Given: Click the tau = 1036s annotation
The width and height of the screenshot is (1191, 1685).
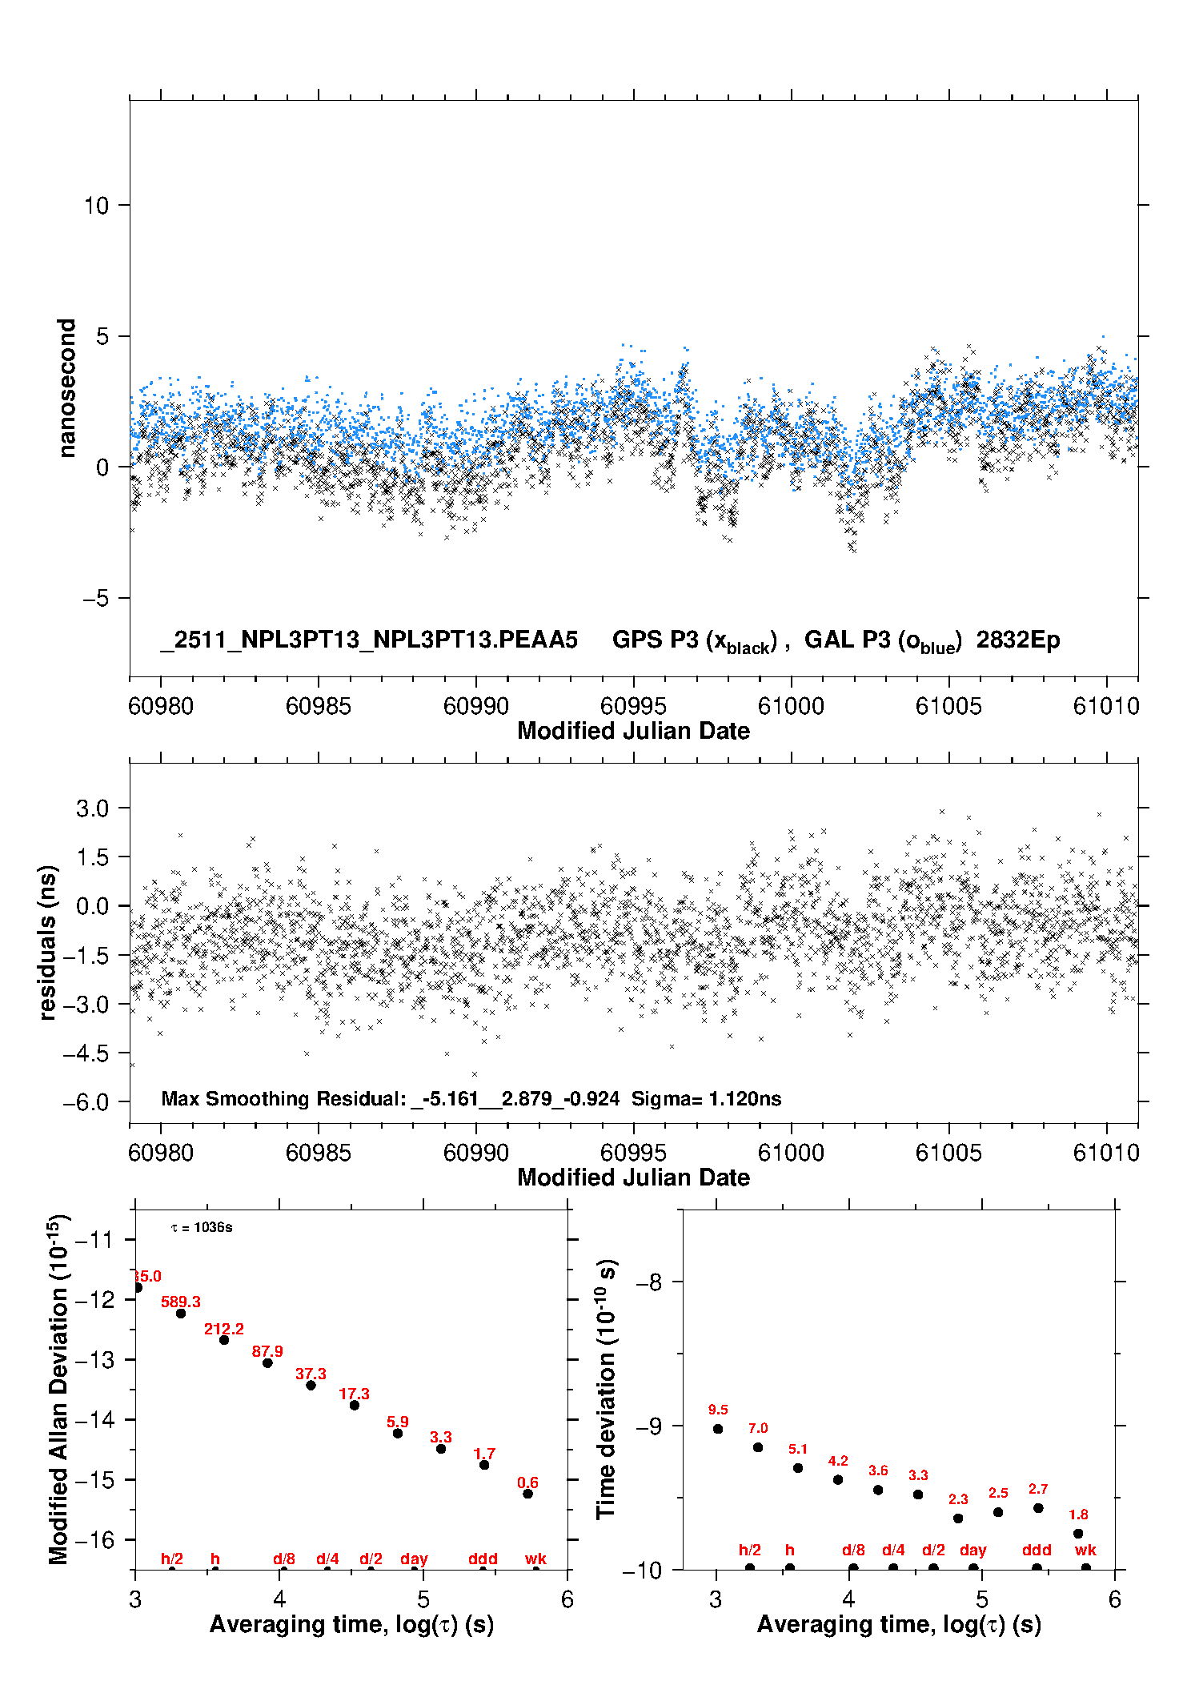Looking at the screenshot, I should (x=202, y=1228).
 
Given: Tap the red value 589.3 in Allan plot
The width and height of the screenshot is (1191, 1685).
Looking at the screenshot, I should (x=181, y=1302).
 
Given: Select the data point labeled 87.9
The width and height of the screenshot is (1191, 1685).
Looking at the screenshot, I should (x=267, y=1362).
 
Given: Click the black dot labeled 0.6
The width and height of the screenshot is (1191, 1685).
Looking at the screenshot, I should (x=527, y=1494).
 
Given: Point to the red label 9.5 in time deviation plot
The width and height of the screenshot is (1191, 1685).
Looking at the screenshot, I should (x=718, y=1410).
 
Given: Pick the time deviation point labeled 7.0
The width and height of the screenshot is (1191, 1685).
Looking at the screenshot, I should (x=758, y=1447).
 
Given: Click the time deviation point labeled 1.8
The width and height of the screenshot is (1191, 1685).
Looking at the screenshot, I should (x=1078, y=1534).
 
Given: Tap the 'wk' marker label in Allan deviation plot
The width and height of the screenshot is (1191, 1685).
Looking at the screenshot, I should (x=535, y=1559).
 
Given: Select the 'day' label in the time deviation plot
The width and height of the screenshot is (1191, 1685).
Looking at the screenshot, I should (x=973, y=1551).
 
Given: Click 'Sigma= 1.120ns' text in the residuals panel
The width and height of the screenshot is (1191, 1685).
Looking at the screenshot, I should (x=706, y=1098).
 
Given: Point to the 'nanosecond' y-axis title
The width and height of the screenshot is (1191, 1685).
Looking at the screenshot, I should (x=67, y=388).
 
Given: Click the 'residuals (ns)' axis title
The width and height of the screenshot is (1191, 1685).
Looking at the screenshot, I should (x=48, y=942).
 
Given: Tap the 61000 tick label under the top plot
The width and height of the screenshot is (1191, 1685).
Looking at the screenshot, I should (x=791, y=706).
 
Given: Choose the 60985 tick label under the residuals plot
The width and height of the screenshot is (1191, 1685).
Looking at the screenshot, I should (x=319, y=1153).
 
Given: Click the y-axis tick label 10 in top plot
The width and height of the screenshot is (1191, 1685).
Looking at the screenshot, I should (x=96, y=206).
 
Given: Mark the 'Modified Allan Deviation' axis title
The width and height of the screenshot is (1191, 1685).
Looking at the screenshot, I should (x=58, y=1389).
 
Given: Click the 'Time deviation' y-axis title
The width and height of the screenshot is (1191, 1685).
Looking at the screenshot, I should (x=607, y=1389).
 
